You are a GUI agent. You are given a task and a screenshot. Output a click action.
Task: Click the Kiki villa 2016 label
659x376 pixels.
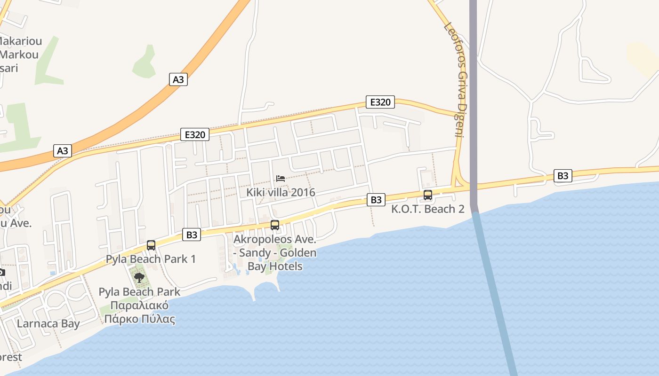281,193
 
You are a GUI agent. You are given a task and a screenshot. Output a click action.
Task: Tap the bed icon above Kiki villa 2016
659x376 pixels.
281,179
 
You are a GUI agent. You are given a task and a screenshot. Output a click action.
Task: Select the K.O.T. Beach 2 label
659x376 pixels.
427,209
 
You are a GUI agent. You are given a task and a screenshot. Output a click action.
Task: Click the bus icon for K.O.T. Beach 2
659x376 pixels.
428,195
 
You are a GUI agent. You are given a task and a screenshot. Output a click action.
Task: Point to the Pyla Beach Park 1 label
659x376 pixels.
151,259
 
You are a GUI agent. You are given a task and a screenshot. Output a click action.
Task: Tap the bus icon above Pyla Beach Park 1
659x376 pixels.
151,245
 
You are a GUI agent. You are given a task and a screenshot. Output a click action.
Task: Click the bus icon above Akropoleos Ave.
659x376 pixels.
275,225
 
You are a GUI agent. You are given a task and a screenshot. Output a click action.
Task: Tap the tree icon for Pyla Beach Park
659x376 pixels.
139,277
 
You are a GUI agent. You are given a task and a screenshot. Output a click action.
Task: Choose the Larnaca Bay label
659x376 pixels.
48,323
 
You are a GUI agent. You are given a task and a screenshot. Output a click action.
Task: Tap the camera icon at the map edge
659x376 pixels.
2,272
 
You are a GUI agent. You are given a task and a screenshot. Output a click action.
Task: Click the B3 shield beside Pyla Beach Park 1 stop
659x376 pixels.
192,235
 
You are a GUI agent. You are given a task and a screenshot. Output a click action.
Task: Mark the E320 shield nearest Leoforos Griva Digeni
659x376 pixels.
380,102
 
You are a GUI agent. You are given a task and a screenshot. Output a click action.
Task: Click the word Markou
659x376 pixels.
19,55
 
